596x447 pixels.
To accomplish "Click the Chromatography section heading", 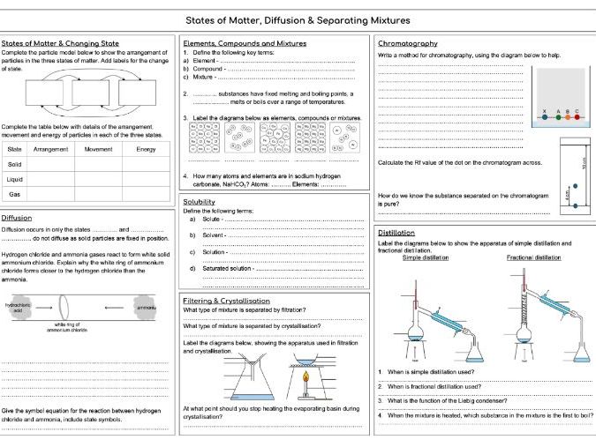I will [407, 43].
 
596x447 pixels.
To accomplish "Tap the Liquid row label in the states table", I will [15, 179].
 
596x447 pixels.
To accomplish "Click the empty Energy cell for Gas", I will [145, 194].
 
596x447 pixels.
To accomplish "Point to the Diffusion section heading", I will [17, 217].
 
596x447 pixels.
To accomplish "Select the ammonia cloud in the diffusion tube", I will [146, 308].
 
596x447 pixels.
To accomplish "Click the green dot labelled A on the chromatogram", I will [556, 117].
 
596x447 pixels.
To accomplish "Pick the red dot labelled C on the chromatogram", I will [577, 117].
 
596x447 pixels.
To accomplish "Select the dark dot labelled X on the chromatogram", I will [546, 117].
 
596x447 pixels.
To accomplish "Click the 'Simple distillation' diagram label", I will [426, 257].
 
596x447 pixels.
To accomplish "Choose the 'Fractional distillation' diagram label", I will [533, 257].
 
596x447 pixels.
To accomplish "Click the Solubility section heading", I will [199, 202].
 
